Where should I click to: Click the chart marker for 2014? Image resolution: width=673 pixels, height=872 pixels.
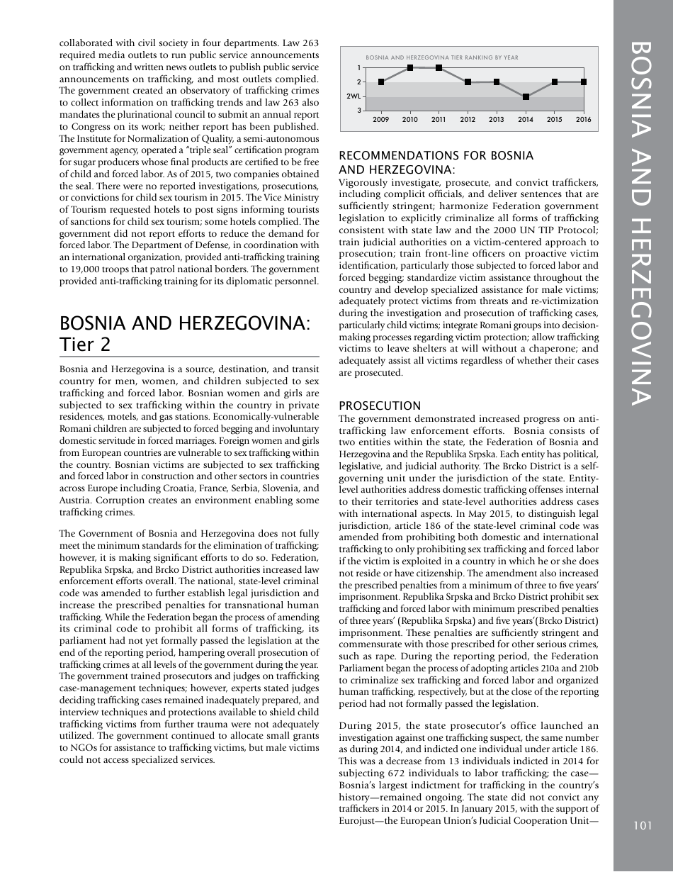tap(526, 96)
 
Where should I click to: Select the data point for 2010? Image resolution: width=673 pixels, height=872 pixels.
tap(410, 68)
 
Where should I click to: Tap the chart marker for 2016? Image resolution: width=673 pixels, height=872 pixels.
tap(584, 82)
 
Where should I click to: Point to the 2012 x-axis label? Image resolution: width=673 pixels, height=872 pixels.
tap(468, 120)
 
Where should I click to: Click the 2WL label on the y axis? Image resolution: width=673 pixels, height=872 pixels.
tap(354, 96)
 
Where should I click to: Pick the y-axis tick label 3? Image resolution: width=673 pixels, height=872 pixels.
tap(358, 111)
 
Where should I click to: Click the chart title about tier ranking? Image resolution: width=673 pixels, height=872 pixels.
tap(441, 57)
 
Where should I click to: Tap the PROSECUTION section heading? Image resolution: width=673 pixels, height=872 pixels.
tap(380, 406)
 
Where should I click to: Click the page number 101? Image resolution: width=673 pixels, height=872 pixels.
tap(643, 825)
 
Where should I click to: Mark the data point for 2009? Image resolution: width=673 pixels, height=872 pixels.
tap(381, 82)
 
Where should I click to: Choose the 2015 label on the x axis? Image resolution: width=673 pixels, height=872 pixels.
tap(555, 120)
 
